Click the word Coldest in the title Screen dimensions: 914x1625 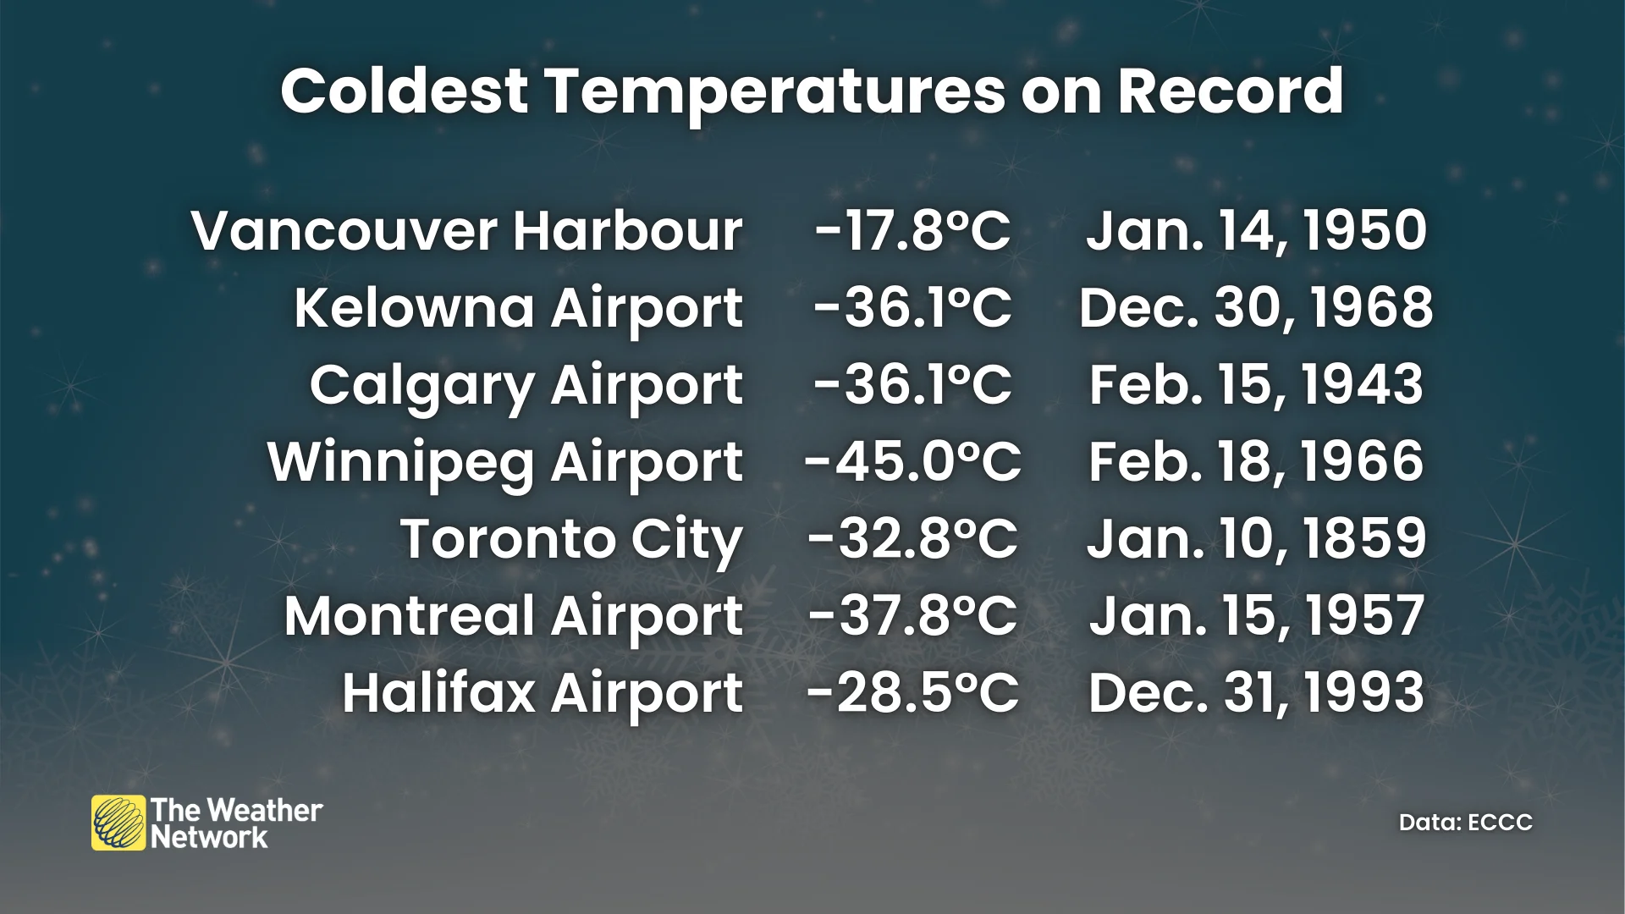click(x=405, y=91)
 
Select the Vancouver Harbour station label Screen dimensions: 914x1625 click(x=467, y=231)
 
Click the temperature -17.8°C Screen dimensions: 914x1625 click(x=912, y=231)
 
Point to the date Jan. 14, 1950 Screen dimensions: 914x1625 click(x=1256, y=231)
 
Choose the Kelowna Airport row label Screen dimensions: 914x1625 click(x=518, y=308)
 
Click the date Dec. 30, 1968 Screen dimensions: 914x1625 click(x=1256, y=308)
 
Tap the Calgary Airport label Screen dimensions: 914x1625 click(x=526, y=385)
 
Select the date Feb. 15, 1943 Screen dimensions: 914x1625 click(x=1256, y=385)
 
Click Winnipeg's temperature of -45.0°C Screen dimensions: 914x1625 click(x=912, y=462)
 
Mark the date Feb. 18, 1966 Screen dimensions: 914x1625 click(x=1256, y=462)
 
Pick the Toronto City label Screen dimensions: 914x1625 click(x=571, y=539)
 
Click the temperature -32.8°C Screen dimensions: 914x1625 click(x=912, y=539)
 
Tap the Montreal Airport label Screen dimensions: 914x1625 click(x=513, y=616)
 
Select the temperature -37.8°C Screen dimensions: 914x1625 click(x=912, y=616)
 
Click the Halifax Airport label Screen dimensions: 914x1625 click(x=542, y=693)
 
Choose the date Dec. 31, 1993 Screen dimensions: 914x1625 click(x=1256, y=693)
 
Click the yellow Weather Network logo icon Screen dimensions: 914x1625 click(x=118, y=823)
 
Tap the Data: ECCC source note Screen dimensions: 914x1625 click(x=1465, y=823)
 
